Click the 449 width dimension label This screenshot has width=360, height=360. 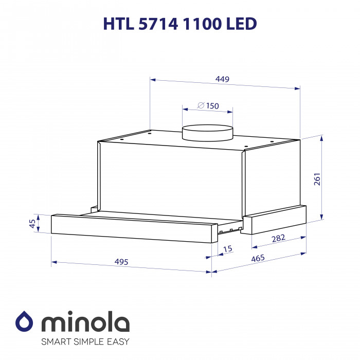(222, 79)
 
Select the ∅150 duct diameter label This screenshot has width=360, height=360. (208, 106)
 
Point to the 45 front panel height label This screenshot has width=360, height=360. (32, 224)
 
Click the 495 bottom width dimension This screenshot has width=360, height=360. (121, 262)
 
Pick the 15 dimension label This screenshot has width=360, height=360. (228, 249)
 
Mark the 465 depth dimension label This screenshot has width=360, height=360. (258, 259)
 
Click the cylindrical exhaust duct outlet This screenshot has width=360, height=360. (207, 133)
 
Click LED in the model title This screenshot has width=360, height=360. (241, 24)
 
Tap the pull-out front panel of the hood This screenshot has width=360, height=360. (131, 226)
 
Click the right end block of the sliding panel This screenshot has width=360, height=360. (274, 219)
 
